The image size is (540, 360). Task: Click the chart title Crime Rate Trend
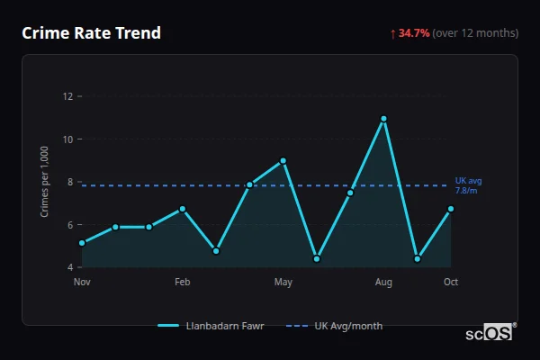91,33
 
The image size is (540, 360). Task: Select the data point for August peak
383,119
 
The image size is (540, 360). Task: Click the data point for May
283,161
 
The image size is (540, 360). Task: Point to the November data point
82,243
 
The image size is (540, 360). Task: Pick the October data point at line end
451,209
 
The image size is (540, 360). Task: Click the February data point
183,209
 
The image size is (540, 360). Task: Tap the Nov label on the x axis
82,283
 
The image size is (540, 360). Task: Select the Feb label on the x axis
183,283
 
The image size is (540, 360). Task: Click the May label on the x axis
283,283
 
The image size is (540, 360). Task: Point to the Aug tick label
383,283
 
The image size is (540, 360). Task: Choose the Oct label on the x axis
451,283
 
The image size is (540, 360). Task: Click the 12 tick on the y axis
67,96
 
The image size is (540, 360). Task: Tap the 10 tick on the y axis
67,139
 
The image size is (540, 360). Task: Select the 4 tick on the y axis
69,267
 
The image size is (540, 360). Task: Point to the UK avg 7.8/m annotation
468,186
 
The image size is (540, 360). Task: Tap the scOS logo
490,333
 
